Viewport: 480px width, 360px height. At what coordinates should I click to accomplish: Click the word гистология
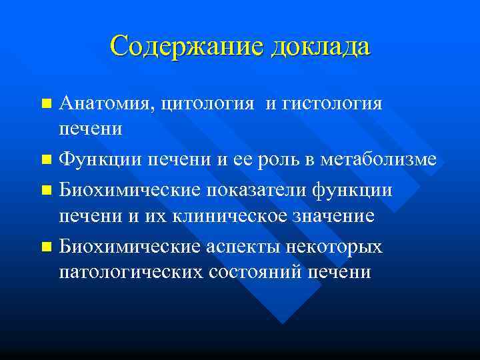pos(333,104)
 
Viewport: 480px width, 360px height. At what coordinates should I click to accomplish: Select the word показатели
pos(261,189)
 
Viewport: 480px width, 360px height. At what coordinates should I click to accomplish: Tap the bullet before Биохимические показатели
pos(45,190)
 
